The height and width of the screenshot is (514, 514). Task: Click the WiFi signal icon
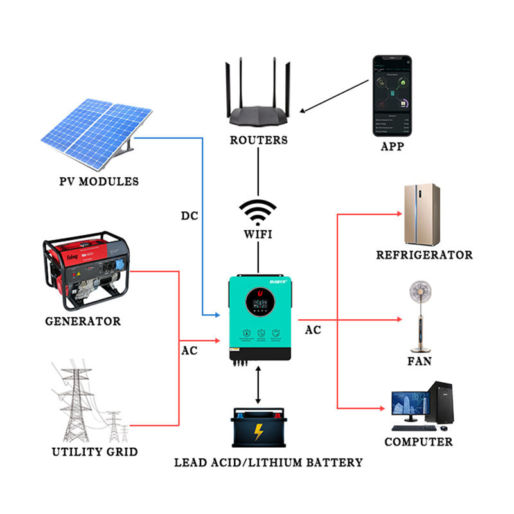pyautogui.click(x=257, y=211)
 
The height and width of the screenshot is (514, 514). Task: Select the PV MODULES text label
pyautogui.click(x=98, y=182)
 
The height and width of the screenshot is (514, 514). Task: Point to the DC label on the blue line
pyautogui.click(x=190, y=215)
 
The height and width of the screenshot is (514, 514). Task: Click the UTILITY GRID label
pyautogui.click(x=94, y=452)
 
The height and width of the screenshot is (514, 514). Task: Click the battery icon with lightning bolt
pyautogui.click(x=258, y=429)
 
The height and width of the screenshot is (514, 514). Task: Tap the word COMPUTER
pyautogui.click(x=418, y=442)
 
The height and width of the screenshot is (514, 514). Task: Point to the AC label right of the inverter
pyautogui.click(x=313, y=330)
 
